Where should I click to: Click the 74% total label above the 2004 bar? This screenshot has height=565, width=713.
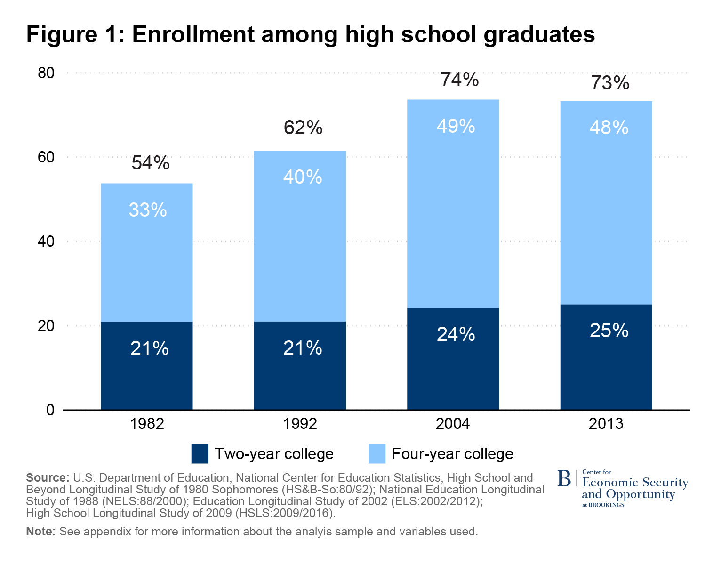[460, 80]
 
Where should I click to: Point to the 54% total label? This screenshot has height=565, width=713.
[150, 163]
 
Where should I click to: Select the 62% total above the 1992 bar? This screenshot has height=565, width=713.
[303, 128]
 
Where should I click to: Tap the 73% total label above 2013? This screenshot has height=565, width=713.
[610, 83]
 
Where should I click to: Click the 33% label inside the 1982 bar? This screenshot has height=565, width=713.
[148, 210]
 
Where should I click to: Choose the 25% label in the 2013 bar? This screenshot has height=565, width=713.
[609, 331]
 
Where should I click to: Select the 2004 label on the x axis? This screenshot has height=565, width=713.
[453, 424]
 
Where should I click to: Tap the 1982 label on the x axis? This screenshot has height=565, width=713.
[147, 424]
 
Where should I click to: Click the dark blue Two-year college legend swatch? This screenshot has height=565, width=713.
[200, 453]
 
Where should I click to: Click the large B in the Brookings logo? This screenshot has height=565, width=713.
[564, 478]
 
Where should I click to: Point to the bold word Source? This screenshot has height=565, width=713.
[47, 477]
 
